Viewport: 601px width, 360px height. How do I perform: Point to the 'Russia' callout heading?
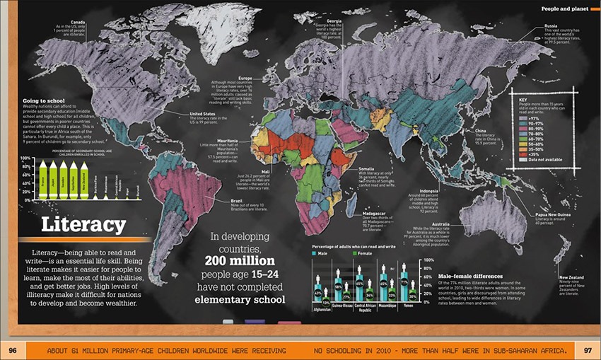click(x=551, y=26)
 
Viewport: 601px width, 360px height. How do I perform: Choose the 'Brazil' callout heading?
click(x=238, y=201)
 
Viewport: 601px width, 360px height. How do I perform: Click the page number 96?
click(x=13, y=350)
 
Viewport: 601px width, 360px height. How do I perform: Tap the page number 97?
click(x=588, y=350)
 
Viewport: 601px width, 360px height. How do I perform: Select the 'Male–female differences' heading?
click(x=470, y=276)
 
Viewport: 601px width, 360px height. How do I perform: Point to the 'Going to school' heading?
click(x=43, y=101)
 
